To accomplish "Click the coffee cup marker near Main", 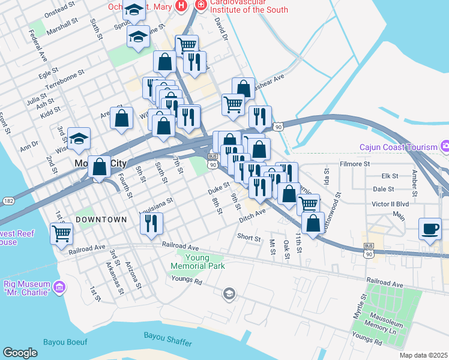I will pyautogui.click(x=429, y=228).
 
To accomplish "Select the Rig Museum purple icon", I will pyautogui.click(x=59, y=288).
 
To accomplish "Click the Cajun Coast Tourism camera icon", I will pyautogui.click(x=445, y=146).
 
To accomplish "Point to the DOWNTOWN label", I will pyautogui.click(x=101, y=220).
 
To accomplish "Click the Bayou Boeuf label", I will pyautogui.click(x=65, y=343).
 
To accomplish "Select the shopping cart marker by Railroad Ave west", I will pyautogui.click(x=61, y=233).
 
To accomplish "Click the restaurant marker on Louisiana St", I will pyautogui.click(x=151, y=223).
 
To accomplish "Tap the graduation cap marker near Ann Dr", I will pyautogui.click(x=79, y=139).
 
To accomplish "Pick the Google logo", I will pyautogui.click(x=20, y=353).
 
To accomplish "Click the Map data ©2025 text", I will pyautogui.click(x=423, y=355).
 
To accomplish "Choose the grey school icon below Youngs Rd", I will pyautogui.click(x=228, y=293).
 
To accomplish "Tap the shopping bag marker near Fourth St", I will pyautogui.click(x=100, y=166).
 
